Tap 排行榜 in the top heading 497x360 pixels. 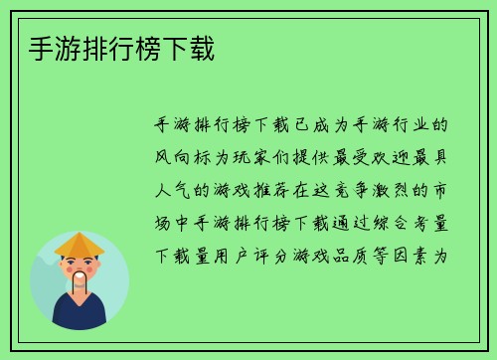click(106, 47)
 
